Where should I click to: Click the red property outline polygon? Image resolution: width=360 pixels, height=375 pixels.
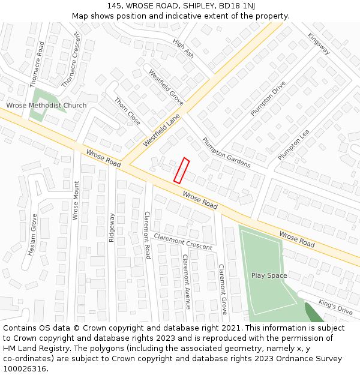181,170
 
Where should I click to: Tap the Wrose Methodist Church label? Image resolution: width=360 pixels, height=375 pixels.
46,106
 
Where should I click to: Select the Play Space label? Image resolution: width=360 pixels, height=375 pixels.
269,275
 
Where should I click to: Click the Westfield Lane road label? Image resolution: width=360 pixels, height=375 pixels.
161,131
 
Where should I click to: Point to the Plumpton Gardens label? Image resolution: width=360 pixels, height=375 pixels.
226,153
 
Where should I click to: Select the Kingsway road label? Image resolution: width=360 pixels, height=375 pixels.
319,43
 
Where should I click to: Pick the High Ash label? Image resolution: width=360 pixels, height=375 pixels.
183,49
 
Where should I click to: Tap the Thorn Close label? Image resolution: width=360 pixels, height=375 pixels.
127,111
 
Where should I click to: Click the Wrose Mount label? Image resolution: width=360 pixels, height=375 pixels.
76,200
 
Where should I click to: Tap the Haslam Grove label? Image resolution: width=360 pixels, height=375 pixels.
32,235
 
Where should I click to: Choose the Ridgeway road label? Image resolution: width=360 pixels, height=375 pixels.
112,227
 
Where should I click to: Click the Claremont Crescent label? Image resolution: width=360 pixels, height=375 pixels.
183,241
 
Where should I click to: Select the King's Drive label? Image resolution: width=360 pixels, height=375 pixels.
335,307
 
